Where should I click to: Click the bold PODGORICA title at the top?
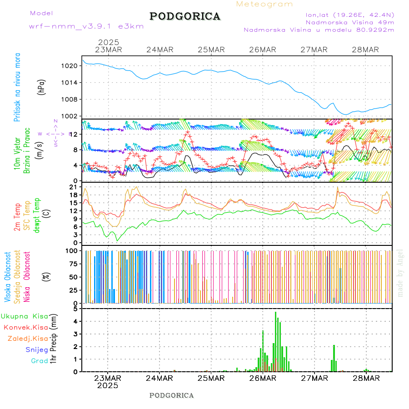pos(185,16)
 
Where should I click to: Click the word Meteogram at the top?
pos(264,4)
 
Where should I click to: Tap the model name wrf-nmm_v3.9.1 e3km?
pos(86,26)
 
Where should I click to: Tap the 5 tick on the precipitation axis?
pos(75,309)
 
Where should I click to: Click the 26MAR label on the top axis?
pos(263,50)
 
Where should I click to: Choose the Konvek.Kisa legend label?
pos(25,327)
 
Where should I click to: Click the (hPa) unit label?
pos(42,87)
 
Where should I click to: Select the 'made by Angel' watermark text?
pos(400,273)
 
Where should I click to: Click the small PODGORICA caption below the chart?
pos(171,395)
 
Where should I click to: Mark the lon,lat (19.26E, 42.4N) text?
pos(350,15)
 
